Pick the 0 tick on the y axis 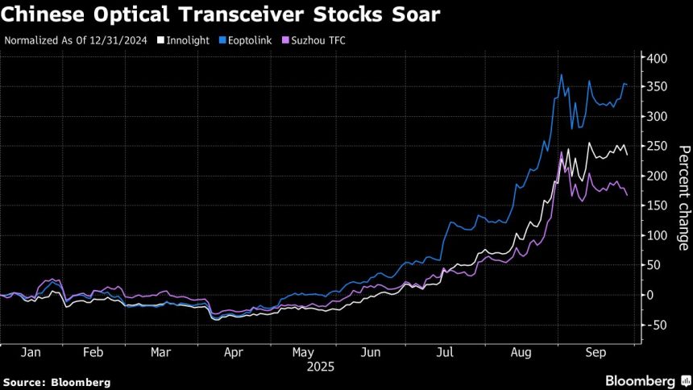click(649, 295)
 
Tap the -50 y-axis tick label click(655, 325)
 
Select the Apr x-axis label click(233, 352)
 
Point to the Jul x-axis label click(443, 352)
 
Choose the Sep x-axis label click(595, 352)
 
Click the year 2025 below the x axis click(321, 366)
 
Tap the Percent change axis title click(683, 198)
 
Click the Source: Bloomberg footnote click(57, 381)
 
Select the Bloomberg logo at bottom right click(641, 380)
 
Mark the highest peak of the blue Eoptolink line click(561, 75)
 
